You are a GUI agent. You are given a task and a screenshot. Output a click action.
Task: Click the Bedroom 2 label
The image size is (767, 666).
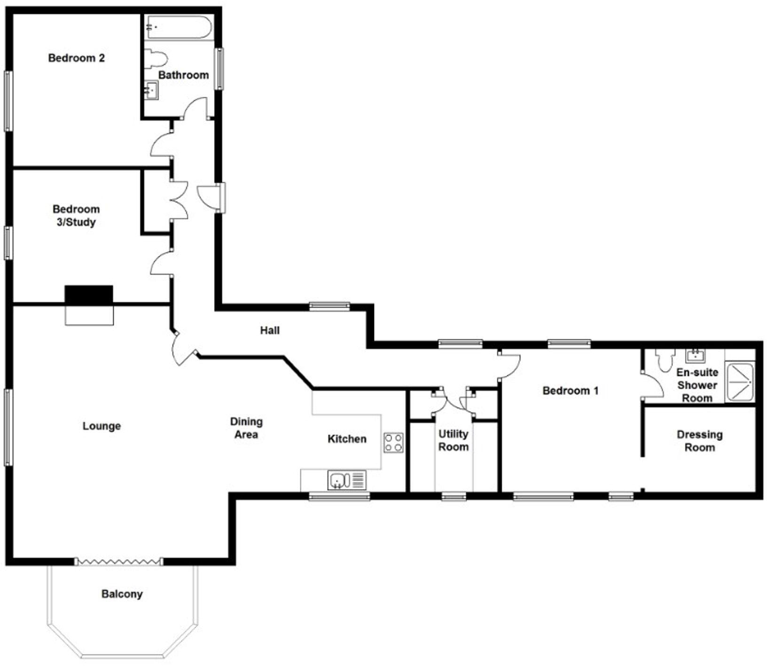coord(76,58)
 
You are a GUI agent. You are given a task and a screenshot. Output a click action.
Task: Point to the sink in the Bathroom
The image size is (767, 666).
coord(151,90)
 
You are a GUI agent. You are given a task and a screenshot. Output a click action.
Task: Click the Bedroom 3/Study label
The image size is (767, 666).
coord(76,215)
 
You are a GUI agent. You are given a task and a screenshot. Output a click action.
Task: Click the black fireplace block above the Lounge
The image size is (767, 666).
coord(89,295)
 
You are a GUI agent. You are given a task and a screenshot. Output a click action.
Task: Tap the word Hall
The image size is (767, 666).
coord(270,331)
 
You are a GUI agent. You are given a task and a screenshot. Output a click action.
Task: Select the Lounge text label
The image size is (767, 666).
coord(102,426)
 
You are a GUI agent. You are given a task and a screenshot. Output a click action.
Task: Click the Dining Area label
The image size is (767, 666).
coord(246,428)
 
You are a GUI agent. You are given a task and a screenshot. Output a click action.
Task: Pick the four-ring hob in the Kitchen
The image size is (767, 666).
coord(393,443)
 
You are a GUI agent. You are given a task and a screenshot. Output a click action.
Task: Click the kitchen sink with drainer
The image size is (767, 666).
coord(347,481)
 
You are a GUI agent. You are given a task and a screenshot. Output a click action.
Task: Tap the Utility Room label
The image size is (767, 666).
coord(453,440)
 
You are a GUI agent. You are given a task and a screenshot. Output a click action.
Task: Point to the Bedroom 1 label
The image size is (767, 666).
coord(571,390)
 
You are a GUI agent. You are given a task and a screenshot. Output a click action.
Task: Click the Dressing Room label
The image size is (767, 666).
coord(699,441)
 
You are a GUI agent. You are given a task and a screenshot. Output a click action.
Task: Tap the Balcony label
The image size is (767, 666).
coord(122,594)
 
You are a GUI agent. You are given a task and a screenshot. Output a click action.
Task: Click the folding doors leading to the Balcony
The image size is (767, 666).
coord(118,562)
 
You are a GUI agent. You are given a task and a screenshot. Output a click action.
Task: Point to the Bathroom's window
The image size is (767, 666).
coord(219,69)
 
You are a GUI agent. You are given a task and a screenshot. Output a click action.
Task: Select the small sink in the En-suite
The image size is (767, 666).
coord(695,356)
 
